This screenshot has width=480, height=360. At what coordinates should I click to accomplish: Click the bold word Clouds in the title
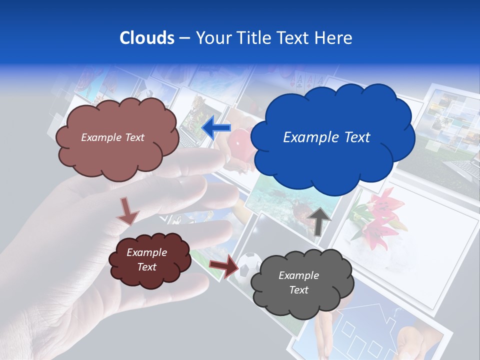point(146,38)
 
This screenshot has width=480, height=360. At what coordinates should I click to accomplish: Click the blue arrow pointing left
point(216,128)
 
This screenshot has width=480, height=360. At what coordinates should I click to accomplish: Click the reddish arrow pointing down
point(127,210)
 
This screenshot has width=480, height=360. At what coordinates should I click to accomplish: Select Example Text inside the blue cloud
point(326,137)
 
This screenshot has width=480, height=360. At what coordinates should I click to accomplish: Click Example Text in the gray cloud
point(298,282)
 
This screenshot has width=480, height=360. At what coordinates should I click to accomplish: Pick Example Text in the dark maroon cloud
point(146,259)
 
